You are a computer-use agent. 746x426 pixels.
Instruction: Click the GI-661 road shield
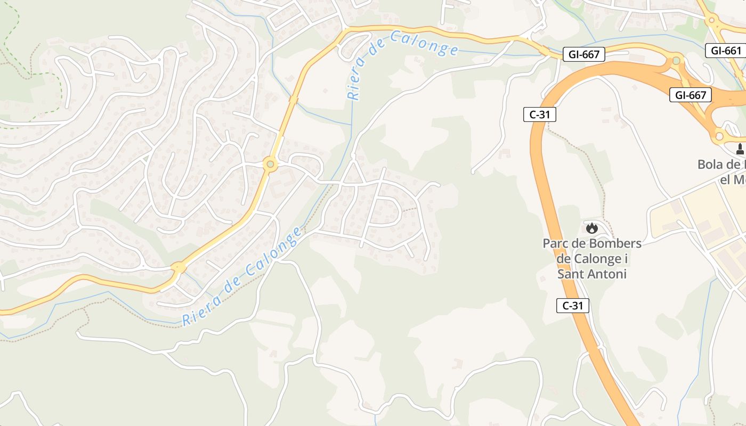click(726, 51)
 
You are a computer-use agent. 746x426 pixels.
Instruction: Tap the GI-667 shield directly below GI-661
click(691, 95)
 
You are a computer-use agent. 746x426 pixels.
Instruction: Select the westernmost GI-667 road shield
click(584, 54)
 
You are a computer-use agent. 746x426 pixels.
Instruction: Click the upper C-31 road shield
click(539, 114)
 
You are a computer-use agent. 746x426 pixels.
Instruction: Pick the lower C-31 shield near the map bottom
click(572, 306)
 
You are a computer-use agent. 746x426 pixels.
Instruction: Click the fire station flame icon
click(591, 228)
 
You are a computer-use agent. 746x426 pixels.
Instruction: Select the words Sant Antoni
click(591, 274)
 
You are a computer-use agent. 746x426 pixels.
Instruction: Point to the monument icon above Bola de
click(740, 149)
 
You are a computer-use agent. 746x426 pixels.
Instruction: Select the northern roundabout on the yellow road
click(270, 164)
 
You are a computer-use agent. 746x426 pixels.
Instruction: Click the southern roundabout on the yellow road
click(177, 267)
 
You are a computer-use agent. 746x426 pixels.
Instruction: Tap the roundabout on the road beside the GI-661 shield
click(711, 21)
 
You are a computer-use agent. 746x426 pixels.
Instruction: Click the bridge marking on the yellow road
click(293, 99)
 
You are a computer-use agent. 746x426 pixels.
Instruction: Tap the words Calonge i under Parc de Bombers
click(591, 259)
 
